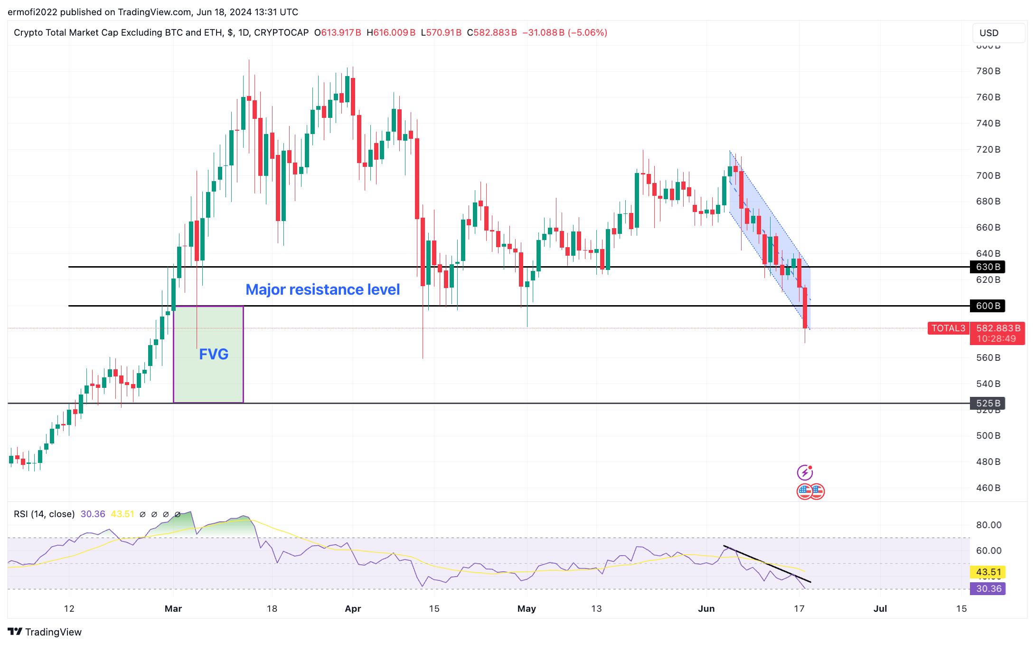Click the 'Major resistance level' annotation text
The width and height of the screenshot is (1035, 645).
pyautogui.click(x=322, y=289)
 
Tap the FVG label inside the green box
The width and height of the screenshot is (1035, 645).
pyautogui.click(x=214, y=354)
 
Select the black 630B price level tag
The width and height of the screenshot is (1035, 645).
pyautogui.click(x=988, y=267)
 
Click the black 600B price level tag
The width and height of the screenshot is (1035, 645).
pyautogui.click(x=988, y=306)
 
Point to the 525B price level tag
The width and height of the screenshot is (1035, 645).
pyautogui.click(x=988, y=404)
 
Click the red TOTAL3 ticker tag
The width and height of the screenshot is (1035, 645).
pyautogui.click(x=948, y=328)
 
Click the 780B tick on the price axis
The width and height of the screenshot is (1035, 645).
pyautogui.click(x=988, y=71)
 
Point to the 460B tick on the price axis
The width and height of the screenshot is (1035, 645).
pyautogui.click(x=988, y=488)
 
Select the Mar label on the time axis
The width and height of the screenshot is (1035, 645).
pyautogui.click(x=173, y=608)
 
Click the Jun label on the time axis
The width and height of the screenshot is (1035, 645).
pyautogui.click(x=706, y=608)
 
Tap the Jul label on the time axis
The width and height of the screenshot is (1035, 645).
pyautogui.click(x=880, y=608)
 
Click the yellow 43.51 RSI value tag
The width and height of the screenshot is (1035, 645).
pyautogui.click(x=988, y=572)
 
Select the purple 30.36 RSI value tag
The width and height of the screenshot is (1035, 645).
pyautogui.click(x=988, y=588)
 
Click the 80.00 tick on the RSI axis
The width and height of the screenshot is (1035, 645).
pyautogui.click(x=988, y=525)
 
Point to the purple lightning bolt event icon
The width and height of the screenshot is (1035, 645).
pyautogui.click(x=805, y=472)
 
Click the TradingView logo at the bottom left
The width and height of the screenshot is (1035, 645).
pyautogui.click(x=45, y=632)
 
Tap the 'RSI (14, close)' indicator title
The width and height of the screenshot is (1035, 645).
pyautogui.click(x=44, y=514)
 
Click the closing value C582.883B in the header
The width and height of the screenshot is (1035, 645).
pyautogui.click(x=492, y=33)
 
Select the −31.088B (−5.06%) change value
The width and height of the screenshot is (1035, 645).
pyautogui.click(x=565, y=33)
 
